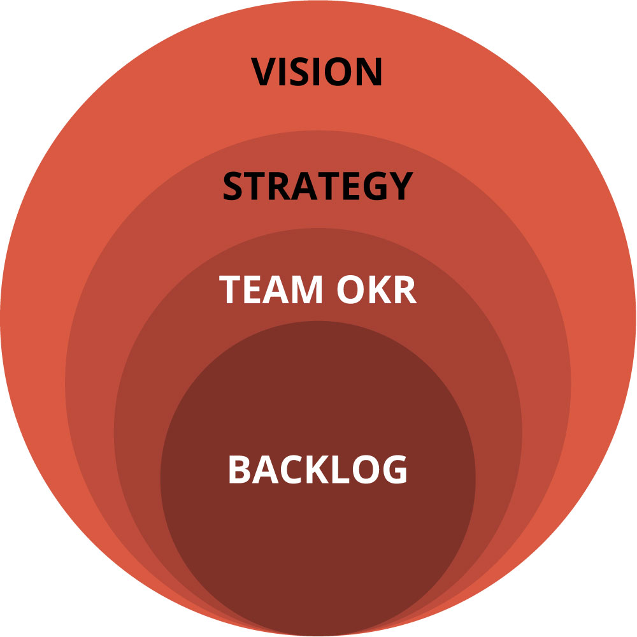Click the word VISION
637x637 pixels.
(x=317, y=72)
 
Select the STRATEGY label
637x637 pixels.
(x=317, y=186)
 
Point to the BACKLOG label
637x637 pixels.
(x=317, y=470)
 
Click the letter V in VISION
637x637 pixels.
(x=265, y=72)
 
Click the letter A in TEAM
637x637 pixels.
(x=275, y=289)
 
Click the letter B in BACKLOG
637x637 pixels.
(x=240, y=470)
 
